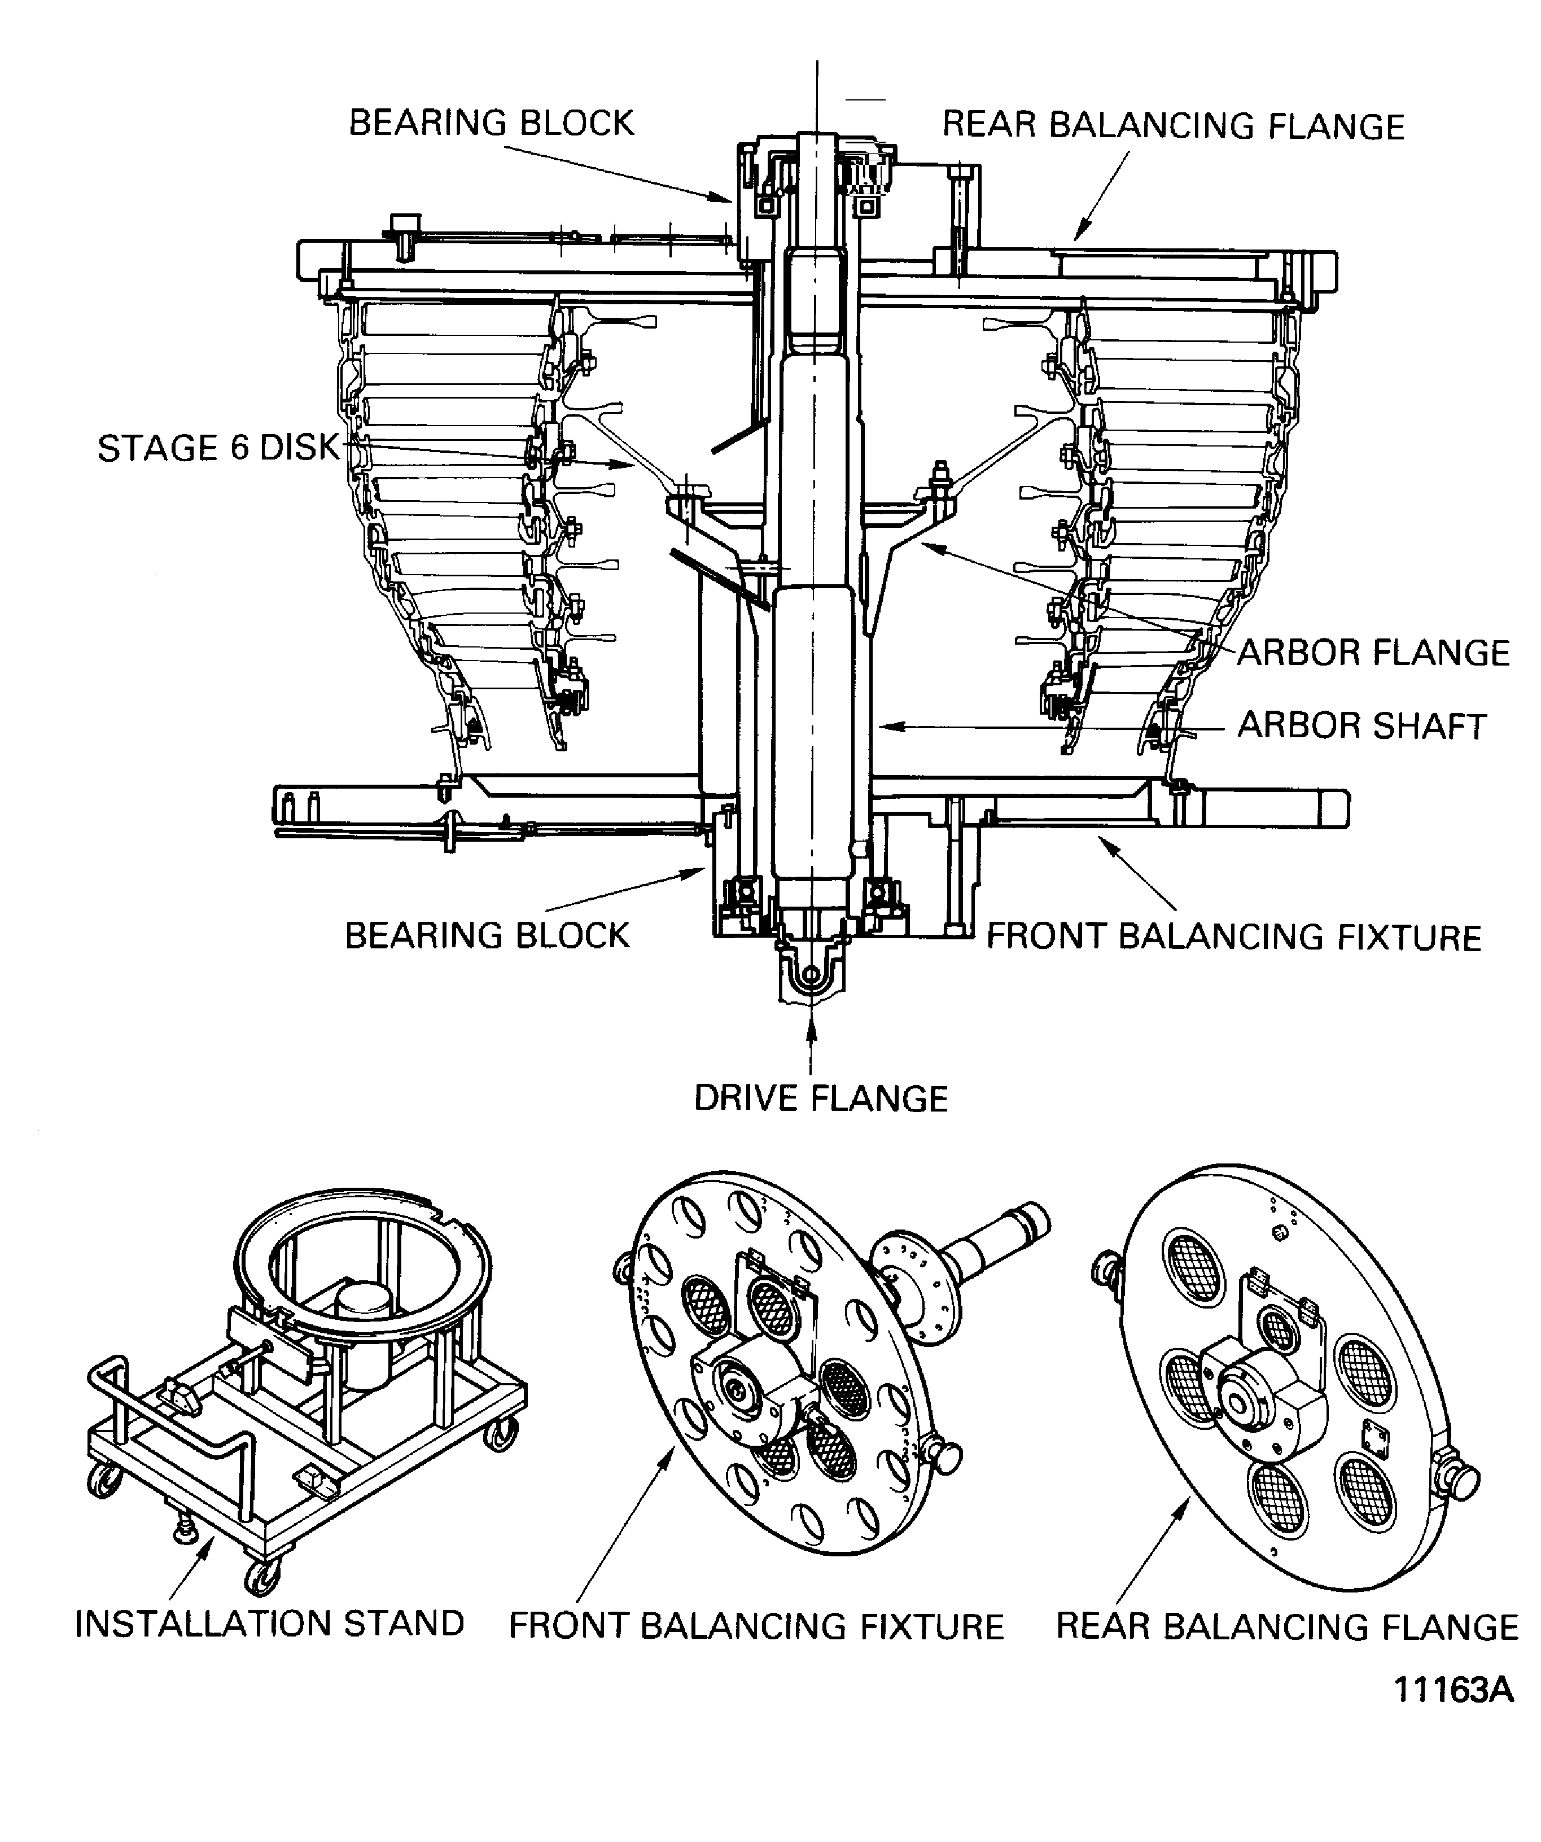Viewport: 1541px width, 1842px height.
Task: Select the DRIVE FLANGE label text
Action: click(x=821, y=1098)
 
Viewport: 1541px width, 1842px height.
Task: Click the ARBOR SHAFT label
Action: click(x=1361, y=727)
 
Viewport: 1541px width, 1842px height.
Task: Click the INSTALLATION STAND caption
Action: click(x=269, y=1624)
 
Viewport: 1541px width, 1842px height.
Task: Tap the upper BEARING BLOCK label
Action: click(x=491, y=123)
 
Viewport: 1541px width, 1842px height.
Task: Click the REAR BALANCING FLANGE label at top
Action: click(x=1172, y=126)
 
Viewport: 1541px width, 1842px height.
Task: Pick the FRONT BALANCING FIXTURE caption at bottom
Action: click(x=756, y=1626)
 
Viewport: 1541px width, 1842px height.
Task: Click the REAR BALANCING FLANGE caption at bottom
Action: click(x=1286, y=1626)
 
